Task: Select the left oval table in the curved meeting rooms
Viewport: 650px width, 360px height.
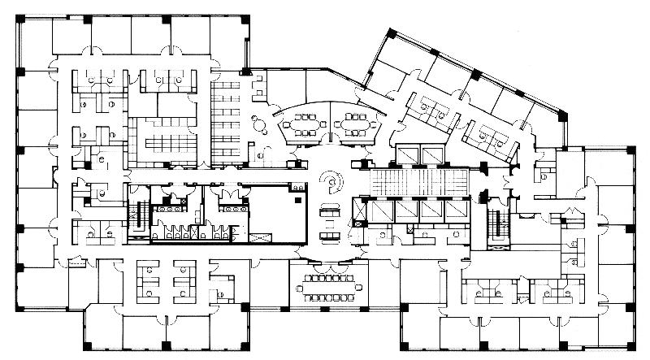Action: pyautogui.click(x=302, y=126)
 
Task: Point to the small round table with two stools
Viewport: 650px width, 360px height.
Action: pyautogui.click(x=258, y=124)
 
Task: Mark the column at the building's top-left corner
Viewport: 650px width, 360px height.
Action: pyautogui.click(x=18, y=18)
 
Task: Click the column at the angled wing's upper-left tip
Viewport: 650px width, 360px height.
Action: pyautogui.click(x=391, y=33)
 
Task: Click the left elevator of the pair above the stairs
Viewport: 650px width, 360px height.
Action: pyautogui.click(x=405, y=154)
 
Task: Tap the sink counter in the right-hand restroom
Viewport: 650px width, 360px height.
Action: pyautogui.click(x=236, y=207)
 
